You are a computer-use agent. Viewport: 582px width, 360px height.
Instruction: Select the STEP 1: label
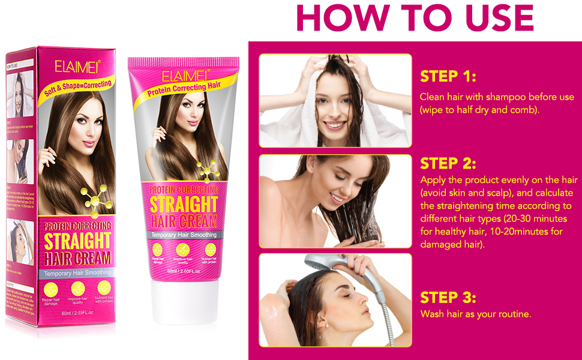click(448, 77)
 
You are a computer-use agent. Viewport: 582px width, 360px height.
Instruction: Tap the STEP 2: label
click(448, 164)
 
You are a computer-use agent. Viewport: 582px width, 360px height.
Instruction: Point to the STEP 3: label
click(448, 298)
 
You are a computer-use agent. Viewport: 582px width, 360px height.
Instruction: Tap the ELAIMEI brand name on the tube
click(185, 76)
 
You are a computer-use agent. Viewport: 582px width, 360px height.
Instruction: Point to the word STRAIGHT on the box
click(77, 241)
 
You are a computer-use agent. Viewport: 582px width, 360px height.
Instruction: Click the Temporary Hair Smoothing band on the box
click(76, 273)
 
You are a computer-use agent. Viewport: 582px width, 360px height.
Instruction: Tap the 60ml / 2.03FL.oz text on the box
click(75, 313)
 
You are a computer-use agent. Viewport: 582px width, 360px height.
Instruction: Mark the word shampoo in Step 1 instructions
click(511, 97)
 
